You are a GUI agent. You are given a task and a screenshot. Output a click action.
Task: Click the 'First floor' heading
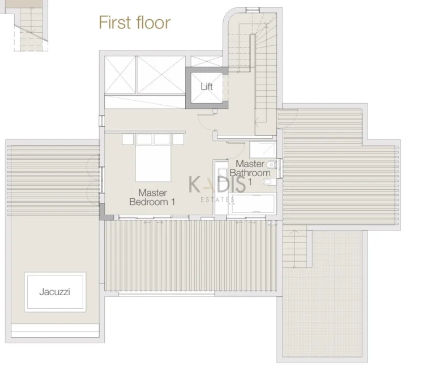click(134, 23)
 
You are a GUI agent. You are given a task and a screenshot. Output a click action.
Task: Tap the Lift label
click(207, 87)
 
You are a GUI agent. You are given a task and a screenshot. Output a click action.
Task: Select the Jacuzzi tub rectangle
click(55, 292)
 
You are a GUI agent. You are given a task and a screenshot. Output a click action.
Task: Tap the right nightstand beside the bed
click(179, 138)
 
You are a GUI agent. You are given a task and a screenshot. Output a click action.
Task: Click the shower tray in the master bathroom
click(263, 150)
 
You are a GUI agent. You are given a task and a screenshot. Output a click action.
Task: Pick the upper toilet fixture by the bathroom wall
click(272, 164)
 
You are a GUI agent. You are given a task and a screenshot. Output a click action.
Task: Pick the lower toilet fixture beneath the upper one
click(270, 181)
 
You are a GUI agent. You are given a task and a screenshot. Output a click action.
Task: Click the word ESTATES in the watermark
click(218, 199)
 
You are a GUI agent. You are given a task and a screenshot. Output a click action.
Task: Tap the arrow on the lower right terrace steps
click(294, 233)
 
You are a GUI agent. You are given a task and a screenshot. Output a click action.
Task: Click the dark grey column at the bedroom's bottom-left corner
click(103, 212)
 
